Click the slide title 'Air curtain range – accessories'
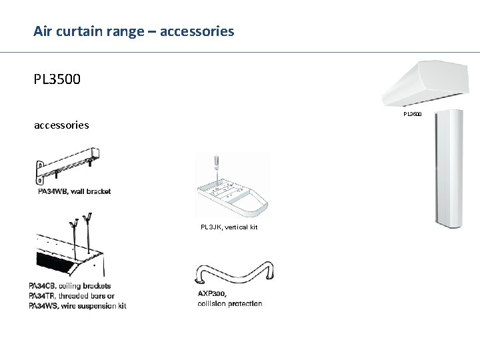point(134,31)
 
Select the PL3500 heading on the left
point(57,80)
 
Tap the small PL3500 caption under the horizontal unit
point(412,114)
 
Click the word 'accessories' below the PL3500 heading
point(61,125)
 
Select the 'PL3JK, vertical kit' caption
point(229,227)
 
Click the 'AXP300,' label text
point(212,293)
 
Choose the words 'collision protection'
point(230,303)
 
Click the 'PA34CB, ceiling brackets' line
point(69,287)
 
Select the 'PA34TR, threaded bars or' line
point(71,296)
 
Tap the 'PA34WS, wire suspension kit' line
point(77,305)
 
